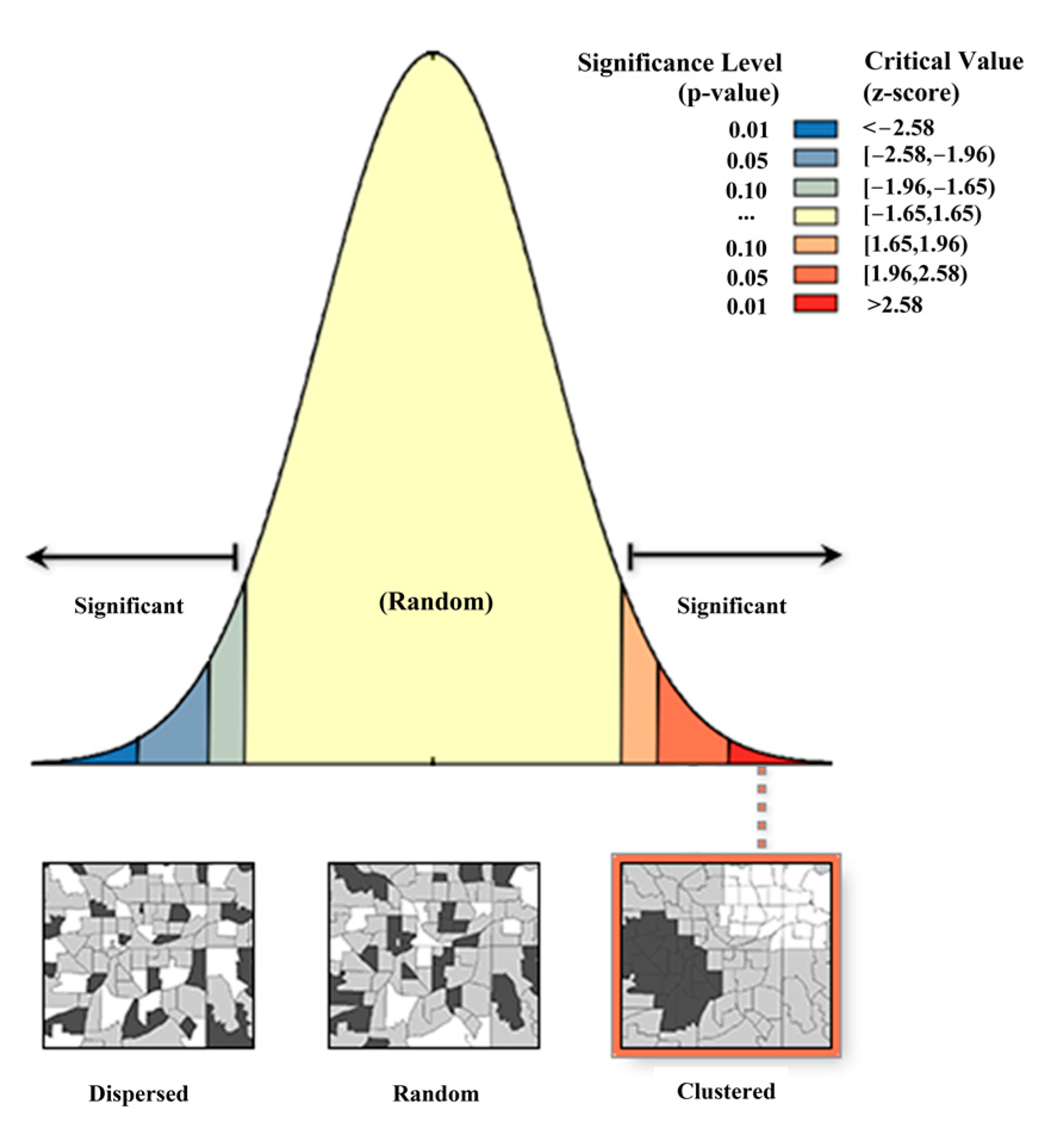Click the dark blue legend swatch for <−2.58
click(x=815, y=129)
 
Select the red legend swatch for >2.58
click(x=815, y=304)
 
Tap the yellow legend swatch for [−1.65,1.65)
click(x=815, y=216)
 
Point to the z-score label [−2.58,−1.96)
click(x=929, y=156)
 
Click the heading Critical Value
click(x=943, y=62)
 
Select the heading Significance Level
click(x=679, y=63)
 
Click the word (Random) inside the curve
click(x=436, y=602)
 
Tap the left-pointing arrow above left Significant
click(x=38, y=558)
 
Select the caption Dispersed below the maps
click(x=139, y=1093)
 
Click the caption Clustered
click(x=726, y=1091)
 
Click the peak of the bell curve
click(x=434, y=55)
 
